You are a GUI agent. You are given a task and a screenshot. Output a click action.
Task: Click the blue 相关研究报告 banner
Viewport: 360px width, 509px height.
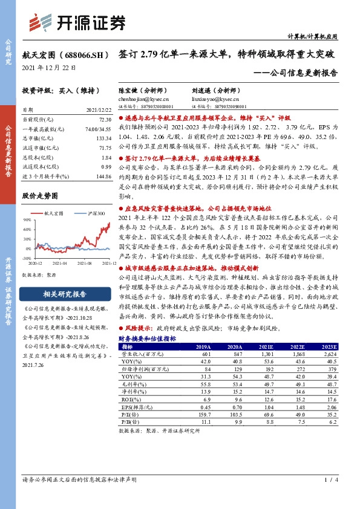[64, 294]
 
